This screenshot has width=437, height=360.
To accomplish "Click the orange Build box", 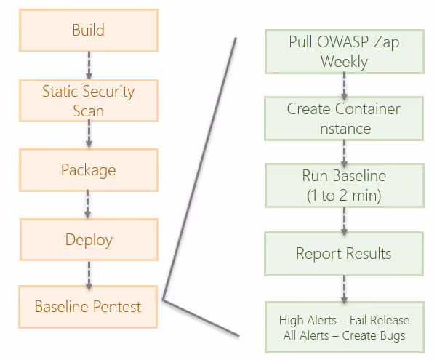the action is tap(89, 31).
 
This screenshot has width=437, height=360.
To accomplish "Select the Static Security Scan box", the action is tap(89, 100).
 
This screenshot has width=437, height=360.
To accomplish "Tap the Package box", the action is tap(89, 170).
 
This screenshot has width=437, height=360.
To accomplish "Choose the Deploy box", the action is tap(89, 239).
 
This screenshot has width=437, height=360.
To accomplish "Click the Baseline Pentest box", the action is tap(88, 307).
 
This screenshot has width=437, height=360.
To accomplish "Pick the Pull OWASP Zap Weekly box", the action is tap(345, 52).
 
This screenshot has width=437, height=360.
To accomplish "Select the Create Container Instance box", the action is tap(344, 119).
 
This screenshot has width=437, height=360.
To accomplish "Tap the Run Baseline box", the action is tap(345, 185).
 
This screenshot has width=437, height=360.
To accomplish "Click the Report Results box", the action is tap(344, 254).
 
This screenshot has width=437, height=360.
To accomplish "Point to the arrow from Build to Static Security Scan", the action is tap(89, 65).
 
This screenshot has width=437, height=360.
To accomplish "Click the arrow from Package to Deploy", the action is tap(88, 204).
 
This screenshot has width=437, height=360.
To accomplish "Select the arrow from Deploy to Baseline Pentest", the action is tap(89, 276).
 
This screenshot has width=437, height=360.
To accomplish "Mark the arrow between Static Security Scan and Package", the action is tap(89, 134).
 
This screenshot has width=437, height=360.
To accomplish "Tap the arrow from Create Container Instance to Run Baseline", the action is tap(344, 154).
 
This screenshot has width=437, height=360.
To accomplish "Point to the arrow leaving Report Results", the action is tap(344, 289).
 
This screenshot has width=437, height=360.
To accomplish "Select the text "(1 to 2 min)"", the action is tap(344, 195).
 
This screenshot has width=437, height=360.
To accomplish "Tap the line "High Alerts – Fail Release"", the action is tap(344, 320).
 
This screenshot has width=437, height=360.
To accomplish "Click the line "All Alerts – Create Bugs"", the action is tap(344, 336).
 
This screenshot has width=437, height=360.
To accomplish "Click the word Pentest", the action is tap(117, 307).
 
